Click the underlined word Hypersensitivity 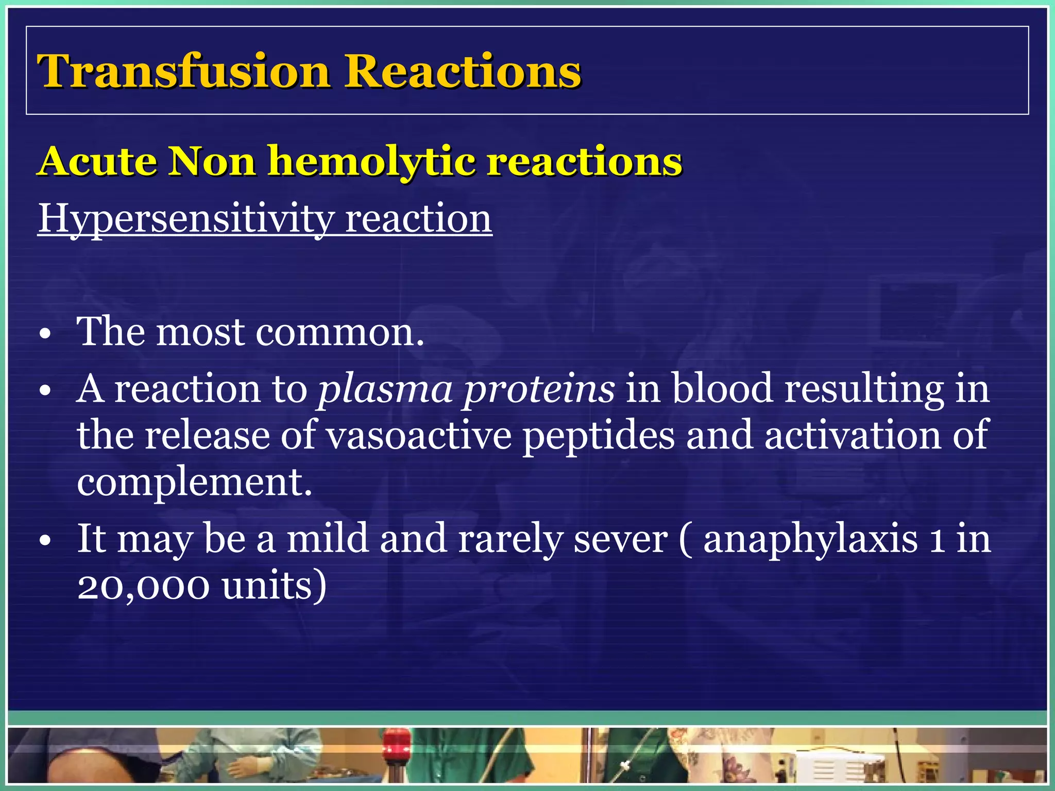(x=185, y=219)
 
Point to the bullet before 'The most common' (x=45, y=335)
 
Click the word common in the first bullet (x=340, y=332)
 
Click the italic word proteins (x=538, y=389)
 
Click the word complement (x=194, y=483)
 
